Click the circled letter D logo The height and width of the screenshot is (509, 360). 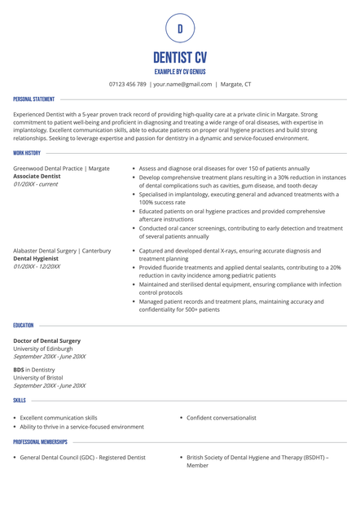(180, 29)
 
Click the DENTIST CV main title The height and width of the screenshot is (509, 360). (180, 58)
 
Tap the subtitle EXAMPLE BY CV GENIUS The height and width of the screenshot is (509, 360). (180, 72)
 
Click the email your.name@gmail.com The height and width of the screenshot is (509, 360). (183, 84)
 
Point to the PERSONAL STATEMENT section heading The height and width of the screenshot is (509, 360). (34, 99)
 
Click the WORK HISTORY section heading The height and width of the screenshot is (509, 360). (27, 152)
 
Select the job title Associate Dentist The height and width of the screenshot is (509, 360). (37, 176)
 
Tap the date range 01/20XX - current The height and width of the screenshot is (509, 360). (36, 184)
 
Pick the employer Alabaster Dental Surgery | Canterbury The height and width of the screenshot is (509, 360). (62, 251)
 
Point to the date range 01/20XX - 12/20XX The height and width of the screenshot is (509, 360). (37, 267)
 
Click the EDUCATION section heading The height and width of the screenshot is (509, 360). (24, 325)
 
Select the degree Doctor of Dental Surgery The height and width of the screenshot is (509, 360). (46, 340)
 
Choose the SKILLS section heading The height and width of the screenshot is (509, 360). (20, 401)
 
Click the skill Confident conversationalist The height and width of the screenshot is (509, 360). (222, 418)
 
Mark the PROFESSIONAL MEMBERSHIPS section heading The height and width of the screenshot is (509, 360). (40, 442)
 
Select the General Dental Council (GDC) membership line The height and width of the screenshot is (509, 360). (82, 458)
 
